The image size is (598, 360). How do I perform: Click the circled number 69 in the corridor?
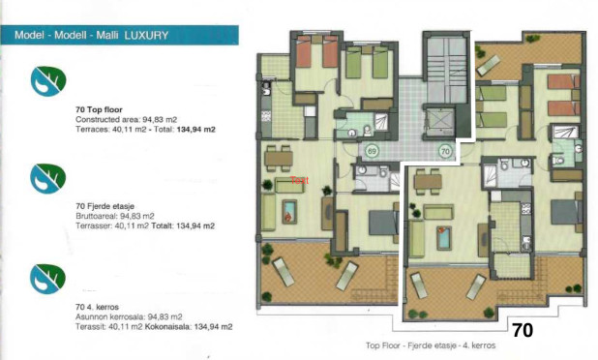373,151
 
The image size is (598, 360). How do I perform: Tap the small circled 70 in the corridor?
446,151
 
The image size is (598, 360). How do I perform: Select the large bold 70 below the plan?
523,329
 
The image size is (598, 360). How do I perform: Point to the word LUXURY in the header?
146,36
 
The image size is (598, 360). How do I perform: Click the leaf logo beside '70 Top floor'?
45,79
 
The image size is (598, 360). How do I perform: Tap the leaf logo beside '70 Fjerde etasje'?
45,177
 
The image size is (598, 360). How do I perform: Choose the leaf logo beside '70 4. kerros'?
45,275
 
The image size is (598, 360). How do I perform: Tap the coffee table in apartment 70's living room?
444,237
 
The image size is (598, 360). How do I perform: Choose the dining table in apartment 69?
280,157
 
